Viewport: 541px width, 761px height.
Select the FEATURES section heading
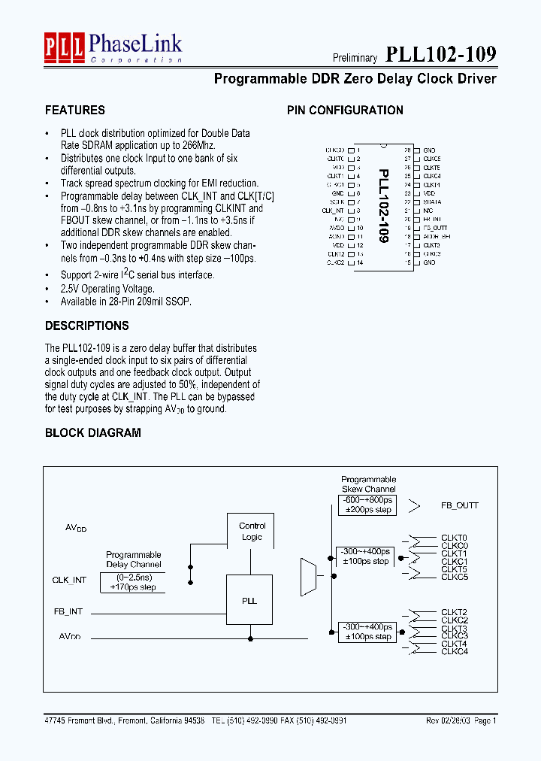click(x=75, y=111)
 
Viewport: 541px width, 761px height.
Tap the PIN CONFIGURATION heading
click(x=345, y=111)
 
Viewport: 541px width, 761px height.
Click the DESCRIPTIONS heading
click(x=86, y=326)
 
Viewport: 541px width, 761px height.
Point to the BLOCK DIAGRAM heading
click(x=92, y=433)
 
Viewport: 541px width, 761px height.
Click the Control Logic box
click(x=252, y=532)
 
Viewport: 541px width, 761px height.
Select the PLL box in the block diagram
click(x=249, y=601)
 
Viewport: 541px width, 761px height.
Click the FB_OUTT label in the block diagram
click(x=459, y=505)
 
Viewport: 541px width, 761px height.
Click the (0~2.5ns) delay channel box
click(x=133, y=583)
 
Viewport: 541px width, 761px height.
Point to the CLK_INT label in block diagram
click(x=69, y=580)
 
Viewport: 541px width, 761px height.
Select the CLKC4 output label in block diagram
click(x=455, y=651)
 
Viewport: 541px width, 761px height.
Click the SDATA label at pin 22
click(x=432, y=202)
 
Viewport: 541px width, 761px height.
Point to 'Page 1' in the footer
click(x=485, y=720)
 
